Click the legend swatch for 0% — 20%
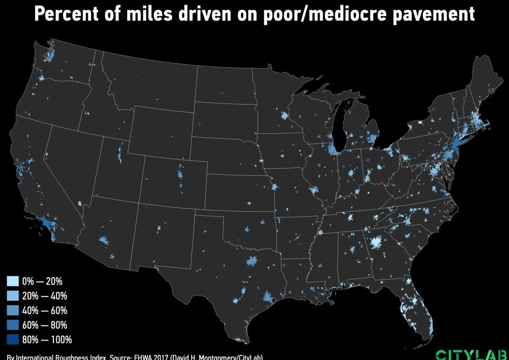(x=12, y=282)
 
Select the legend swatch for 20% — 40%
(x=12, y=296)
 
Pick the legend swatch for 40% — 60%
(x=12, y=311)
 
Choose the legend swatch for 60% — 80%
(x=12, y=325)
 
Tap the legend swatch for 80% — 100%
(x=12, y=340)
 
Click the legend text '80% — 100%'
(x=47, y=340)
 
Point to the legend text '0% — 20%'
(x=42, y=282)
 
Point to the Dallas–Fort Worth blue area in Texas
(x=251, y=263)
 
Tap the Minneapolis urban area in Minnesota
(x=283, y=116)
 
